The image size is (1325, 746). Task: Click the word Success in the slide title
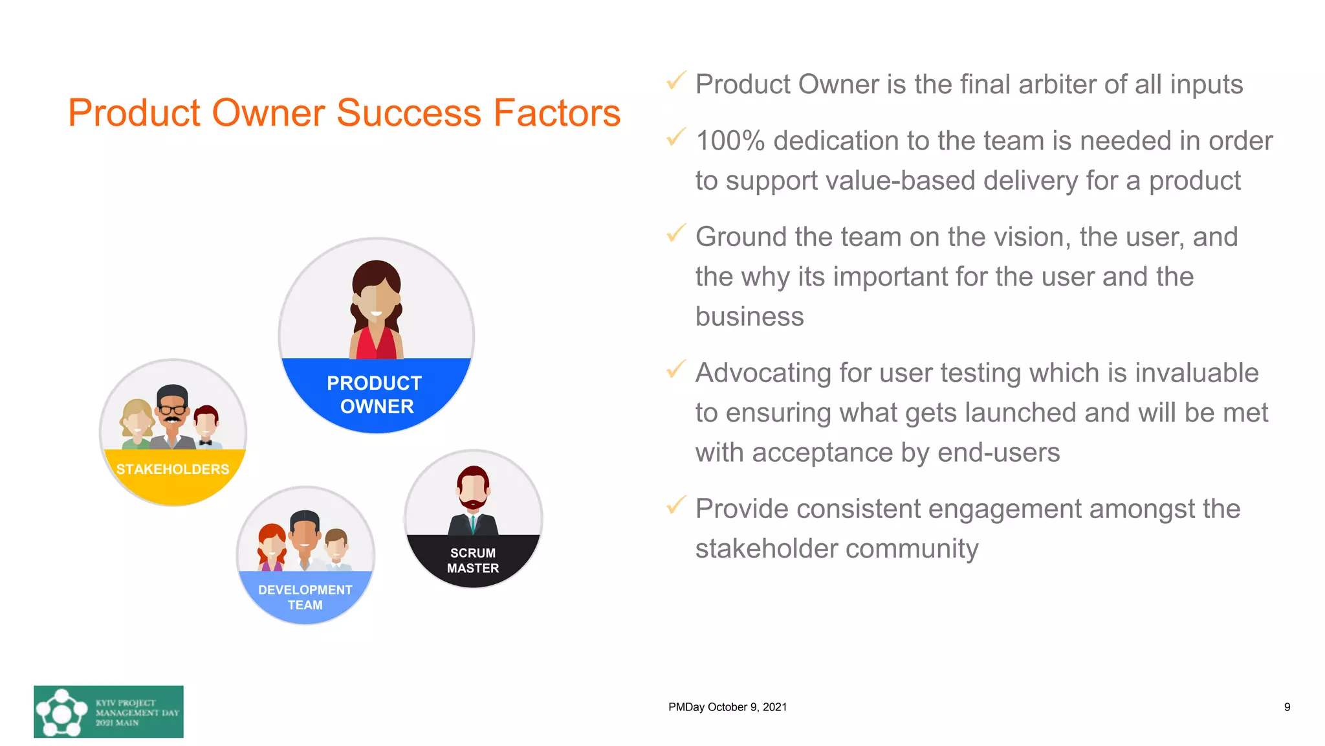[x=409, y=113]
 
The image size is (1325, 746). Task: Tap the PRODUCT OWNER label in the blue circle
[x=375, y=394]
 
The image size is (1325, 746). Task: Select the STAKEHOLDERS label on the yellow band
[x=173, y=469]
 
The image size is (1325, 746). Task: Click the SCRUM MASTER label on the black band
[x=473, y=560]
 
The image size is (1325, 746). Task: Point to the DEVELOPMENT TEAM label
[x=305, y=597]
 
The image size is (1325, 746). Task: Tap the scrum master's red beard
[x=474, y=503]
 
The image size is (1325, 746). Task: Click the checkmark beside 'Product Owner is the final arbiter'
[x=675, y=81]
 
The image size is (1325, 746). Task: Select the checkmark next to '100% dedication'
[x=675, y=137]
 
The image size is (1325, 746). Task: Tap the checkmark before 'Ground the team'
[x=675, y=233]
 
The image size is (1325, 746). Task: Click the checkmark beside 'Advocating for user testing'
[x=675, y=369]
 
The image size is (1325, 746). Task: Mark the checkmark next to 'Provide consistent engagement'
[x=675, y=505]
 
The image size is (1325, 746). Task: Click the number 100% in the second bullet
[x=730, y=141]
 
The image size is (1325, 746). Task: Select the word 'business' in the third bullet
[x=749, y=317]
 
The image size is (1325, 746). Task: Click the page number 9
[x=1287, y=707]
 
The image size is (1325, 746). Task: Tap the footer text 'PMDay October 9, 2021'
[x=727, y=707]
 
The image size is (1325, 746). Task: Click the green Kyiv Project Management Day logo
[x=109, y=712]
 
